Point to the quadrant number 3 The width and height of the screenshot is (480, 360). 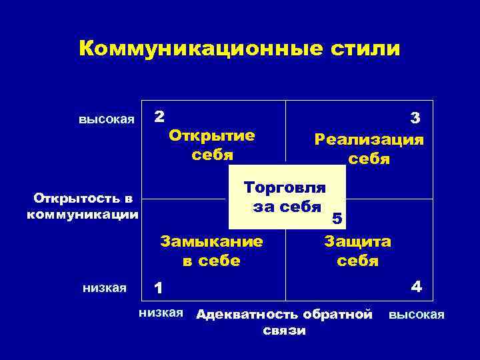(x=415, y=119)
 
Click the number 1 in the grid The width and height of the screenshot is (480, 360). (x=158, y=288)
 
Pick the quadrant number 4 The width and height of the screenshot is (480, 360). (x=416, y=288)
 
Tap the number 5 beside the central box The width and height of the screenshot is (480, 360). (x=337, y=218)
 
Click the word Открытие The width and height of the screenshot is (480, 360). (x=212, y=135)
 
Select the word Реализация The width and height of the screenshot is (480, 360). (x=369, y=139)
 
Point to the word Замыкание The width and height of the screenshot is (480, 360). (x=211, y=241)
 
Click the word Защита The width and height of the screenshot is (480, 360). (x=357, y=241)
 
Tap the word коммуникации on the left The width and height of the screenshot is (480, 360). (x=83, y=215)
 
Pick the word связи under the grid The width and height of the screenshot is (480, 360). (x=285, y=331)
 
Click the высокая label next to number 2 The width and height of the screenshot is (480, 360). (x=107, y=120)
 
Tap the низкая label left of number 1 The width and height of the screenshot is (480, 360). (x=104, y=288)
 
